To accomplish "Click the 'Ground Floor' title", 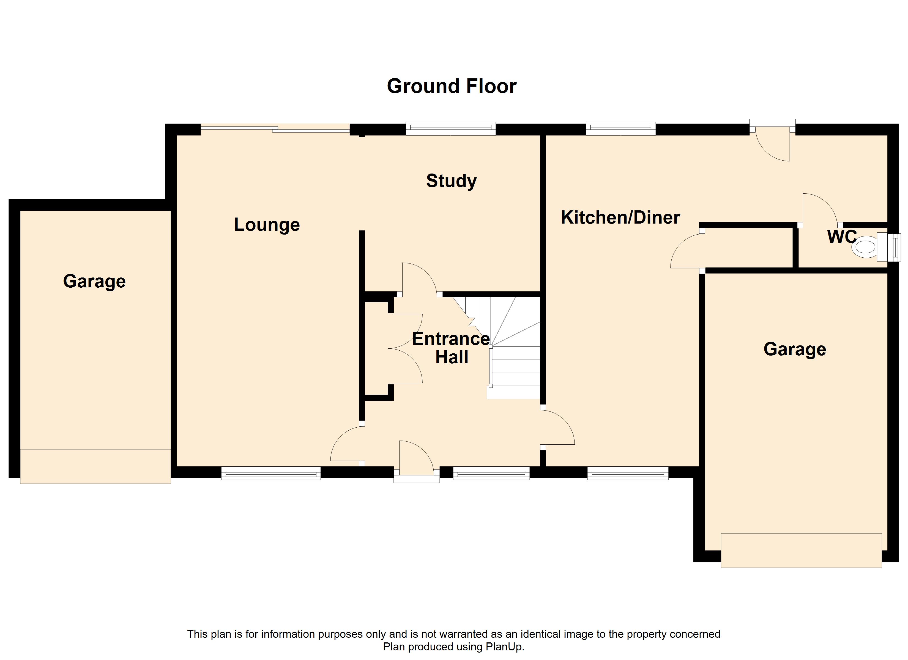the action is [x=452, y=86].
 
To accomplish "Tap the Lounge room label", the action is [x=267, y=224].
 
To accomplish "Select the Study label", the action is [x=451, y=181].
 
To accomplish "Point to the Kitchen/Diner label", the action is [x=620, y=217].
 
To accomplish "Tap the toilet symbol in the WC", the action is [x=865, y=247].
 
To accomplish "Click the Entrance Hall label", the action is [x=451, y=348].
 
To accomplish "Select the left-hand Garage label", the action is [x=94, y=281].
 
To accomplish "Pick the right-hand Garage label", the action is [x=795, y=349].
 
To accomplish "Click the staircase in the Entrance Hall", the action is [x=515, y=352].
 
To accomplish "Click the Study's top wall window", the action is [x=450, y=128].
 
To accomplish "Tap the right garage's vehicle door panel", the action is [x=801, y=550].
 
